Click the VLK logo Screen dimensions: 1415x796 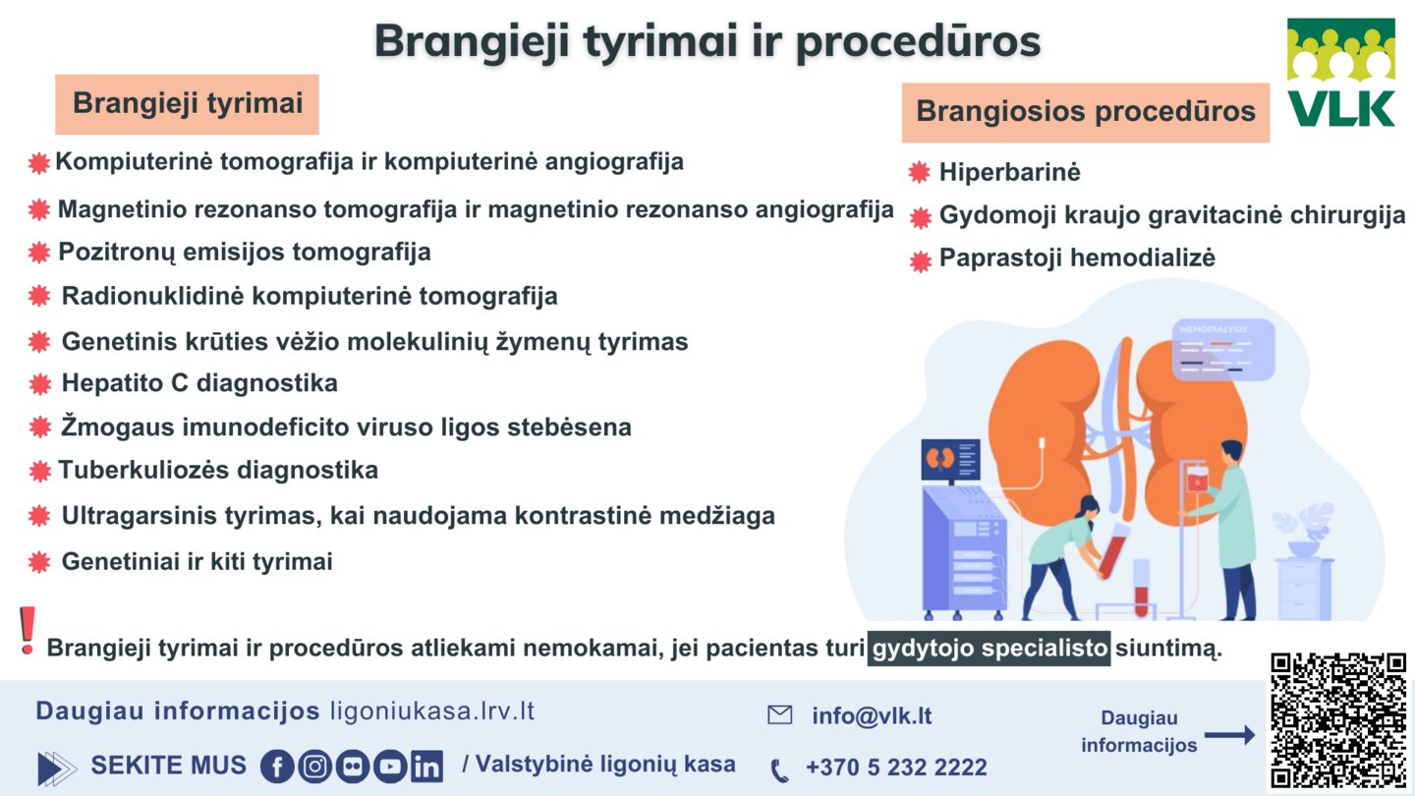1341,73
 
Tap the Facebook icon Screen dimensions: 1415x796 277,767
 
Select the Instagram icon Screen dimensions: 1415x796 314,767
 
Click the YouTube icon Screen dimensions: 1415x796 390,767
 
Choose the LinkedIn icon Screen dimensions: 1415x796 427,767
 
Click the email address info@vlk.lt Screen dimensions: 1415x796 872,715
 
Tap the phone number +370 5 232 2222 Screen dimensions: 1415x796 896,767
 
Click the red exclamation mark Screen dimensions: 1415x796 28,631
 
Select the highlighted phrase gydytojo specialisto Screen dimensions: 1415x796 989,649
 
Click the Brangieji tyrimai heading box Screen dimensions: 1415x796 187,104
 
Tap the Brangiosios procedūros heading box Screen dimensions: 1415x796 1085,112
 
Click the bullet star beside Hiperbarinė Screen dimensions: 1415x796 919,172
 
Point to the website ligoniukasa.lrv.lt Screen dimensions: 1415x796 432,711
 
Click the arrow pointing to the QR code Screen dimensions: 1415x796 1229,735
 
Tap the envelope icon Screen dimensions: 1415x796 779,715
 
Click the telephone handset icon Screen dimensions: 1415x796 779,770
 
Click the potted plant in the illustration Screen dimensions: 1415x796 1303,531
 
